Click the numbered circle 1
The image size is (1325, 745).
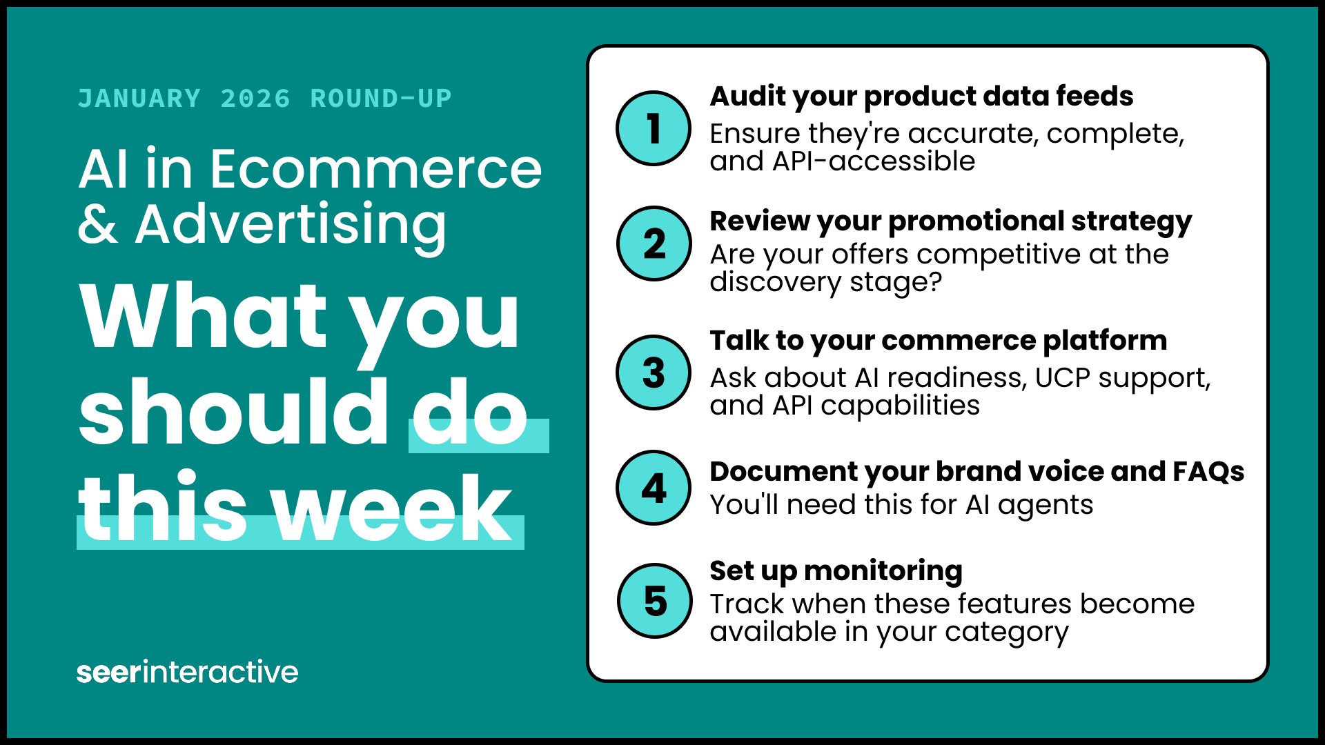[x=653, y=128]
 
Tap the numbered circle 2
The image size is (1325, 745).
[x=654, y=244]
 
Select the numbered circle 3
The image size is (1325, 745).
[x=653, y=372]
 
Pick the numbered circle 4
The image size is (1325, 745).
[x=653, y=488]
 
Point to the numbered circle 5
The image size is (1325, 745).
[x=654, y=601]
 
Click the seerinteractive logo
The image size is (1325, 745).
[x=187, y=672]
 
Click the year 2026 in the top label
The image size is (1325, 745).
[x=255, y=99]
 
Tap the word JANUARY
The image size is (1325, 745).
[x=139, y=99]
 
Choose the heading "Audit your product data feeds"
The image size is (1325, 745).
[x=921, y=97]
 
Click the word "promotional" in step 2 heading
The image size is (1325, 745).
[x=975, y=221]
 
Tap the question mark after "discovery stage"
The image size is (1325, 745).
[x=935, y=282]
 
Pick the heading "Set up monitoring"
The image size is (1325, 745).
[x=836, y=571]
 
